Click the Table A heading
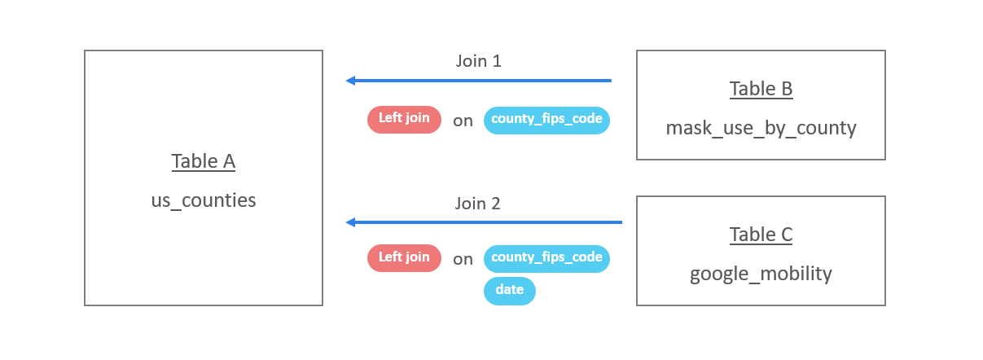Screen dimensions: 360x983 [x=203, y=161]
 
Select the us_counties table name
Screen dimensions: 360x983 [x=203, y=200]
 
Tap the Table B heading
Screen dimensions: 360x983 [x=761, y=89]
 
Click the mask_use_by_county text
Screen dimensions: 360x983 [x=761, y=127]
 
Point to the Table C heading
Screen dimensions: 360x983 [x=761, y=235]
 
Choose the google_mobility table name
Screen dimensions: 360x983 [x=761, y=274]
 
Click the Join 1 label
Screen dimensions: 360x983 [x=478, y=61]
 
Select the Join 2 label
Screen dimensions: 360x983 [x=478, y=204]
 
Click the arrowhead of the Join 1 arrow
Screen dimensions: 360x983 [x=351, y=81]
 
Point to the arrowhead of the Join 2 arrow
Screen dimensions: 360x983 [x=351, y=222]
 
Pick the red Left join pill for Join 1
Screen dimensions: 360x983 [x=404, y=119]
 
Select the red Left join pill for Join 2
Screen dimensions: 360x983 [x=404, y=258]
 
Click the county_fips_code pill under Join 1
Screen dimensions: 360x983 [x=546, y=120]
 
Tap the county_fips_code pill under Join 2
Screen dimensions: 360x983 [x=546, y=258]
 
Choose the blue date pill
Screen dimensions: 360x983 [x=509, y=291]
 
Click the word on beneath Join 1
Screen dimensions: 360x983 [x=463, y=121]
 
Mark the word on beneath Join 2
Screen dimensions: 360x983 [x=463, y=259]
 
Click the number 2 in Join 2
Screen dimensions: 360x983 [x=495, y=204]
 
